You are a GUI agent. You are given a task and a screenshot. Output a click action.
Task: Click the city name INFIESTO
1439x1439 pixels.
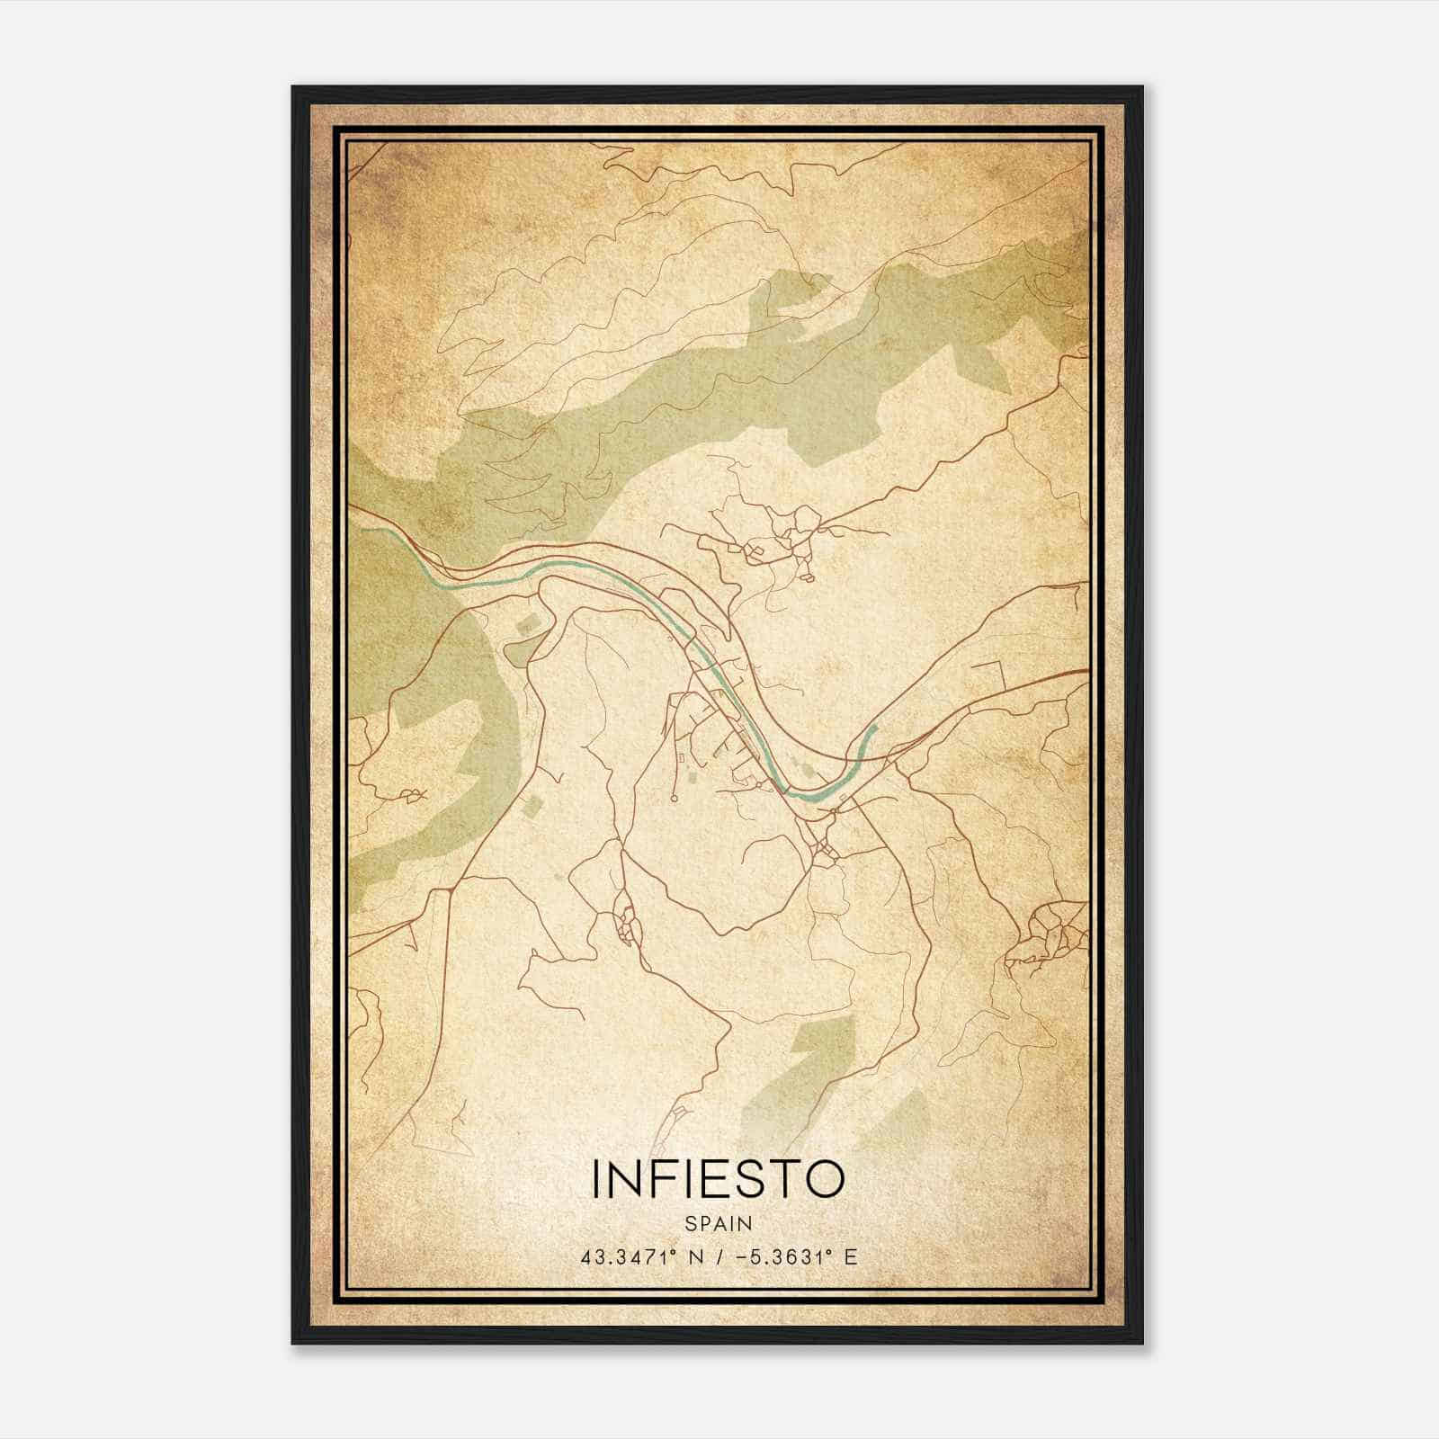[718, 1179]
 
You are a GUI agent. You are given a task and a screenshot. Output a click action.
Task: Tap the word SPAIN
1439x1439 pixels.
[718, 1223]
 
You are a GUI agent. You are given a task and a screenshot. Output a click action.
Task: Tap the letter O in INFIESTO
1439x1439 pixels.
[823, 1179]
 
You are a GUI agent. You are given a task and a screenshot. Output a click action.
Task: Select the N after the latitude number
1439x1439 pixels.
[693, 1256]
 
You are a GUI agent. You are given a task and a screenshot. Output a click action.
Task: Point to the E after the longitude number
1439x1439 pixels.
[850, 1256]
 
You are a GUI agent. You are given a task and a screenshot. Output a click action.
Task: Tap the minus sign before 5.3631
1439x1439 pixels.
[741, 1256]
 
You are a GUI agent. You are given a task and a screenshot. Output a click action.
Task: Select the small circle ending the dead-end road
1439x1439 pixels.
[673, 797]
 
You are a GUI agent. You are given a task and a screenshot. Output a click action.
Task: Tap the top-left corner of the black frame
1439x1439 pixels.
[294, 88]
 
